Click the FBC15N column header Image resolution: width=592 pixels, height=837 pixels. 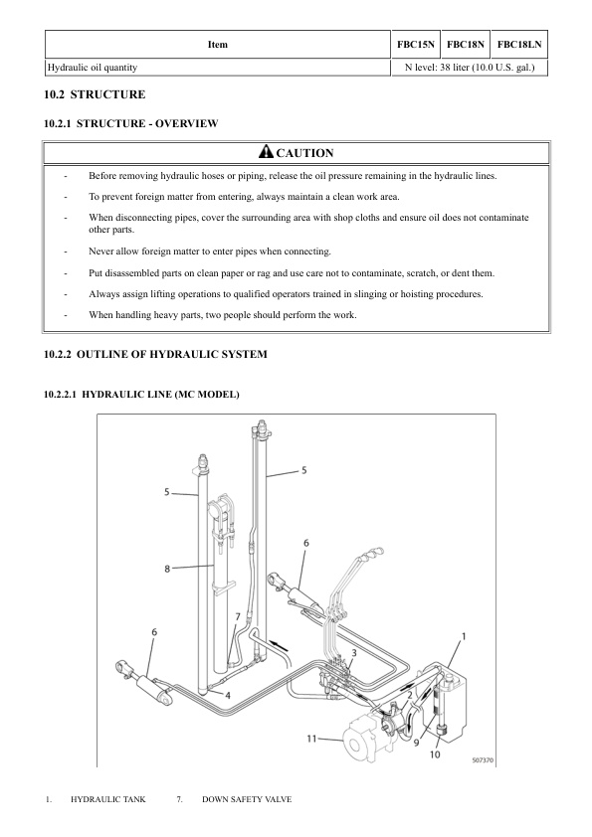pyautogui.click(x=413, y=45)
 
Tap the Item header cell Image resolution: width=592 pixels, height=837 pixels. pyautogui.click(x=217, y=45)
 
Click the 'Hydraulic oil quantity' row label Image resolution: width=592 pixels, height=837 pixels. pyautogui.click(x=92, y=68)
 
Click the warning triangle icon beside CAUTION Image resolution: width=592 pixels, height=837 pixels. pyautogui.click(x=265, y=152)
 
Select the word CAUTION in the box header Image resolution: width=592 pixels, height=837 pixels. pyautogui.click(x=304, y=153)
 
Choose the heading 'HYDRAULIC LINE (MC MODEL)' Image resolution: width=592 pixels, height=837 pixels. pyautogui.click(x=142, y=395)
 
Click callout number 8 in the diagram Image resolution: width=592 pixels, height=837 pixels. pyautogui.click(x=167, y=568)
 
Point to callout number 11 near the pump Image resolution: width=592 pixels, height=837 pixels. pyautogui.click(x=310, y=739)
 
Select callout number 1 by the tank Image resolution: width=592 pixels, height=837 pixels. pyautogui.click(x=464, y=633)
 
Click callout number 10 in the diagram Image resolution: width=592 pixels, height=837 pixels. pyautogui.click(x=434, y=754)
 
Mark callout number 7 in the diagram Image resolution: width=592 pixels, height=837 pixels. pyautogui.click(x=237, y=617)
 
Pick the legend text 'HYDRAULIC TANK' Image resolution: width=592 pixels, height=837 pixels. pyautogui.click(x=107, y=799)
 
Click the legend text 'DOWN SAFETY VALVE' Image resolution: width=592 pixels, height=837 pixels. pyautogui.click(x=247, y=799)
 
